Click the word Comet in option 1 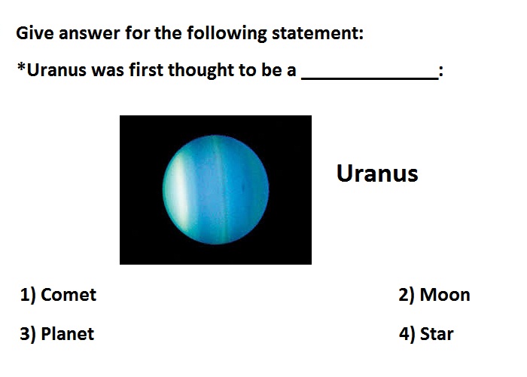tap(69, 295)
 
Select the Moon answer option tap(434, 295)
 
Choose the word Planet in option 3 tap(67, 334)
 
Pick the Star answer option tap(426, 334)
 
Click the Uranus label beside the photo tap(377, 173)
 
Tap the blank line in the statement tap(370, 78)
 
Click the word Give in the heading tap(35, 33)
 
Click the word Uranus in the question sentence tap(56, 70)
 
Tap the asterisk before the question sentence tap(21, 66)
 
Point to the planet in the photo tap(215, 190)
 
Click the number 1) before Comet tap(28, 296)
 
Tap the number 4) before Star tap(407, 334)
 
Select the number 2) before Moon tap(407, 296)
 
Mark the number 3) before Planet tap(28, 334)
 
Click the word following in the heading tap(227, 34)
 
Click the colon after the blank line tap(441, 72)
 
